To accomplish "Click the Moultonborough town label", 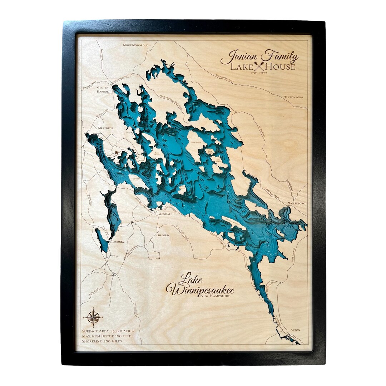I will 137,45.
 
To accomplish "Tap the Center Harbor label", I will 102,89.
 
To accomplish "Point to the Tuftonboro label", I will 293,97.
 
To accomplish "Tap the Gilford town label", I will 162,235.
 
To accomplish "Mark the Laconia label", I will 118,242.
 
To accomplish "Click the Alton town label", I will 295,330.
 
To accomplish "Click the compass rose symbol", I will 94,317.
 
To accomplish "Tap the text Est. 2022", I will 259,73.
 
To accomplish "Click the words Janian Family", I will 259,56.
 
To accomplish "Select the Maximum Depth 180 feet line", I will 107,336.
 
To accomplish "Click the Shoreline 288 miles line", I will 102,341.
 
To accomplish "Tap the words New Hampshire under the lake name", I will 216,296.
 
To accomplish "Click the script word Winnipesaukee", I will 200,289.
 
